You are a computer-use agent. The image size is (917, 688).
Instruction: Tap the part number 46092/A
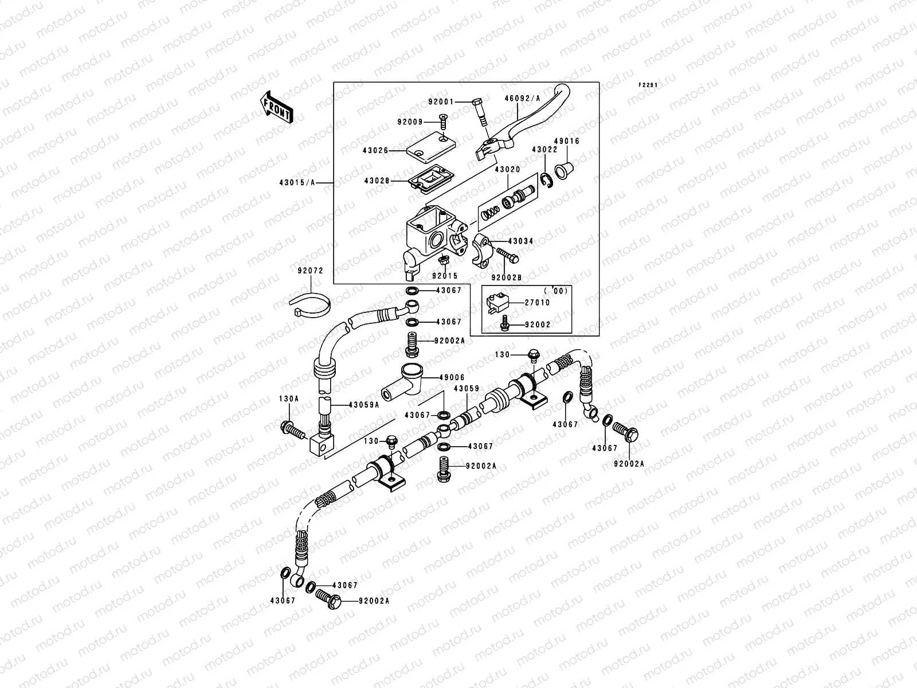click(x=522, y=98)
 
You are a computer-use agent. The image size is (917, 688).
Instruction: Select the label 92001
click(x=441, y=102)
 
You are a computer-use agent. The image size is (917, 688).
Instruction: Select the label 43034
click(x=521, y=241)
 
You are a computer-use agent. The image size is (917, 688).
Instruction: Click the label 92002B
click(x=506, y=278)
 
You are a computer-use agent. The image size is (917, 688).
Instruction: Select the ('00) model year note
click(x=555, y=291)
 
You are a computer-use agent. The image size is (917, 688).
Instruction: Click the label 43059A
click(x=364, y=404)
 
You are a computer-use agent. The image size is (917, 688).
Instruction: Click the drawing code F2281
click(x=648, y=85)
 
